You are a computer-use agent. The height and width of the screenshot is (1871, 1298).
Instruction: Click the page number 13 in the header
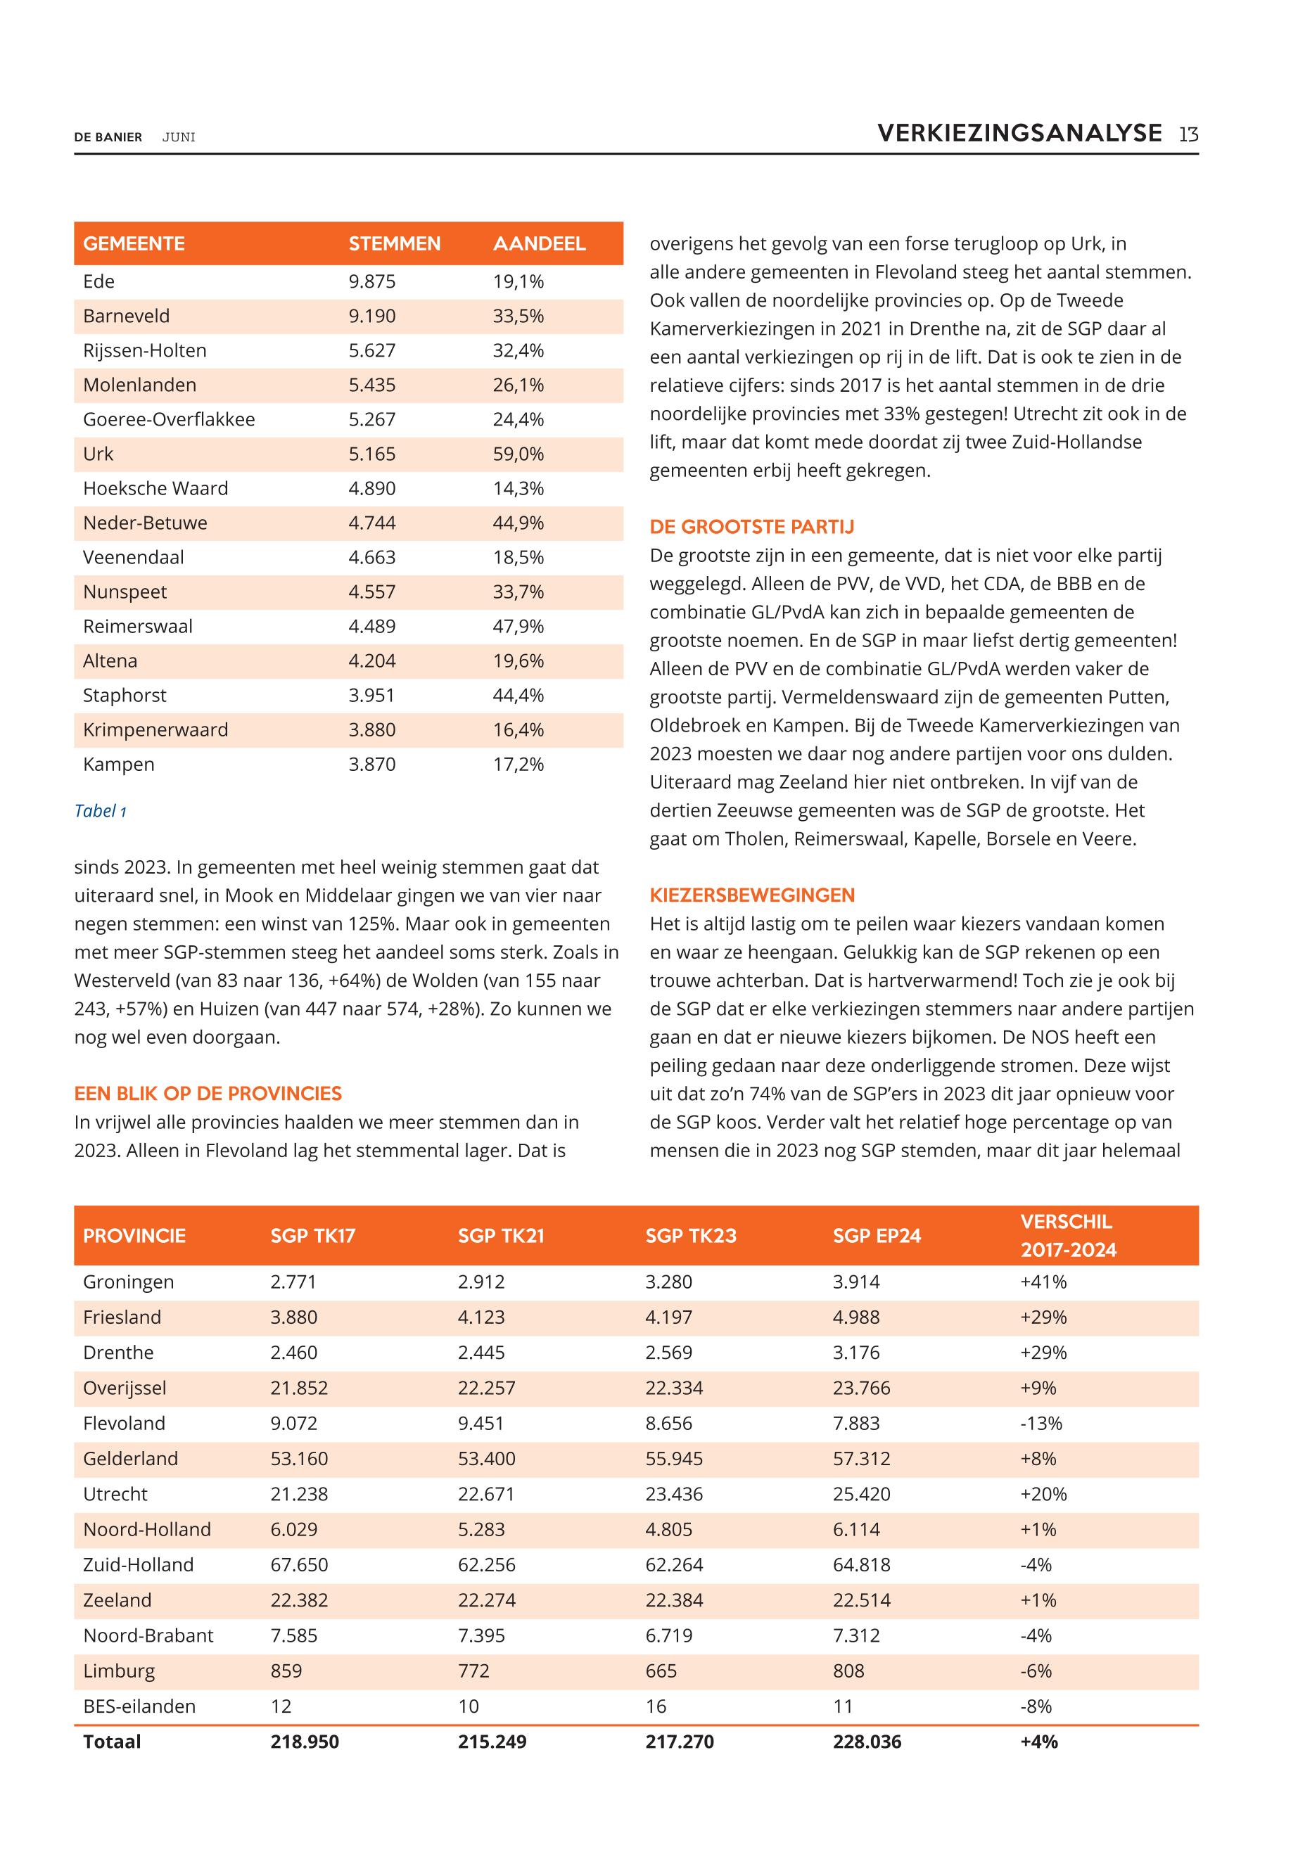tap(1188, 134)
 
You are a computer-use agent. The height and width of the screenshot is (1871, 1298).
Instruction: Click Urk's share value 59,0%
tap(518, 454)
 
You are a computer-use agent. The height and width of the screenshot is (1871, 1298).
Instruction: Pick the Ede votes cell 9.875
tap(371, 281)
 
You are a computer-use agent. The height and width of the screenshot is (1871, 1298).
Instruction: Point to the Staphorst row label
tap(125, 695)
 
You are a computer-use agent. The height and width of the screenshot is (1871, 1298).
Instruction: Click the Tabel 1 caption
tap(100, 811)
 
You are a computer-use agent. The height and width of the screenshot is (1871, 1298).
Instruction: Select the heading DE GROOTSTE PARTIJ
tap(751, 527)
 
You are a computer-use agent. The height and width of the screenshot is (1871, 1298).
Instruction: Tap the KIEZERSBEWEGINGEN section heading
tap(751, 895)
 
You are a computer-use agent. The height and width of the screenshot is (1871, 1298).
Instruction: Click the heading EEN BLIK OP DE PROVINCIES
tap(208, 1094)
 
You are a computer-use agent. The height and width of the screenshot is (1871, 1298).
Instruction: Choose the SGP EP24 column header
tap(876, 1236)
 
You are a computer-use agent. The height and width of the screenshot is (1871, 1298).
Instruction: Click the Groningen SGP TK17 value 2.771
tap(293, 1282)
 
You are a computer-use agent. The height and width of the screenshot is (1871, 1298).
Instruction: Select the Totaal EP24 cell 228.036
tap(867, 1742)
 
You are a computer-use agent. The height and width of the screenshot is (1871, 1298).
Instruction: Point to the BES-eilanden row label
tap(139, 1706)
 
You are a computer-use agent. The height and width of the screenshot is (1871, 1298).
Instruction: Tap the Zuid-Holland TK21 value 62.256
tap(486, 1564)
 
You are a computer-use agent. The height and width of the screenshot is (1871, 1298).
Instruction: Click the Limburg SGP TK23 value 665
tap(661, 1671)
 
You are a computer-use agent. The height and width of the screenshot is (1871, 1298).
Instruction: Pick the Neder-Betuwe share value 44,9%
tap(518, 523)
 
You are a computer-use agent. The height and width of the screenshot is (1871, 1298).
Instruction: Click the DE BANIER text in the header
tap(108, 137)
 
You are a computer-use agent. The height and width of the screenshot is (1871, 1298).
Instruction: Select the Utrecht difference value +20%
tap(1043, 1494)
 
